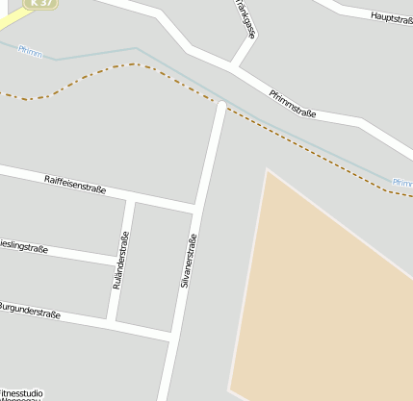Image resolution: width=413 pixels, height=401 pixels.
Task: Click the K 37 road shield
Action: [x=39, y=4]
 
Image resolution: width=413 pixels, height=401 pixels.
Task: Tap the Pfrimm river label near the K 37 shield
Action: [x=30, y=51]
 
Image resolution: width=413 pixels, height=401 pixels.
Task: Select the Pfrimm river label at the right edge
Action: [x=403, y=183]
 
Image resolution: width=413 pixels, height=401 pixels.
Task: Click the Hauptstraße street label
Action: [x=391, y=17]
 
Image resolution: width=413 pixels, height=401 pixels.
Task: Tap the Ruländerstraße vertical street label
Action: [x=120, y=261]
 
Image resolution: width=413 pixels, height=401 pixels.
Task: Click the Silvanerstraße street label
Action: [x=189, y=262]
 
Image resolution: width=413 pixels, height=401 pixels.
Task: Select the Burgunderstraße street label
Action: [x=29, y=312]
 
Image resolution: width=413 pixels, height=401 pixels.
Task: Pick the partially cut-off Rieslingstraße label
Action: [x=24, y=247]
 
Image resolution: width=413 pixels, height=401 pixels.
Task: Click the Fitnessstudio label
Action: [x=21, y=393]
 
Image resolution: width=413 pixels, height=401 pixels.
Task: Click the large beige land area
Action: [x=327, y=288]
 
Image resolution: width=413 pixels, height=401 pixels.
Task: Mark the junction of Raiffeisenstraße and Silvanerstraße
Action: [x=196, y=209]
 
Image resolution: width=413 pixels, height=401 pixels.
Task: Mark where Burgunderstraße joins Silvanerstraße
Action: [x=170, y=336]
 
